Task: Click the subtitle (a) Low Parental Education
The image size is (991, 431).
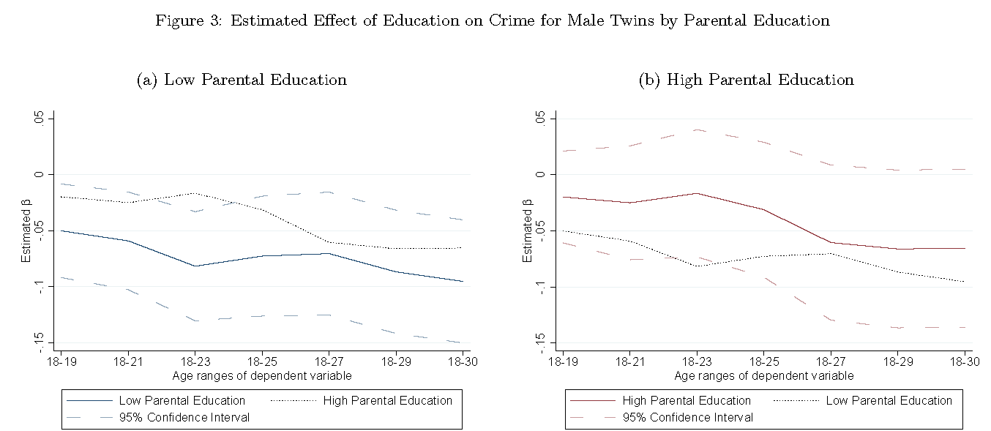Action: tap(242, 80)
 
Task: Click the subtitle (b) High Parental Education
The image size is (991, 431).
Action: tap(747, 80)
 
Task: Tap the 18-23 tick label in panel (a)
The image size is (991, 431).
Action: tap(195, 362)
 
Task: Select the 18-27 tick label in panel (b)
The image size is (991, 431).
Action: tap(831, 362)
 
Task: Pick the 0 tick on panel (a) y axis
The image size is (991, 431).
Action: tap(42, 175)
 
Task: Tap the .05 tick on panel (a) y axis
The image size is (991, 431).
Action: tap(41, 119)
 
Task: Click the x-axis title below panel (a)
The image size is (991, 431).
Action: tap(262, 376)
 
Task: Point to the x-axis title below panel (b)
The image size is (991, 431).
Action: tap(763, 376)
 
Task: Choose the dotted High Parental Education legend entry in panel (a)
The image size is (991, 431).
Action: tap(387, 400)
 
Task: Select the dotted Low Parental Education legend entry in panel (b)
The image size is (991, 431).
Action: tap(889, 400)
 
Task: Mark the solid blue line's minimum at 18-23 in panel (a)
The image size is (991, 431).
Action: tap(195, 266)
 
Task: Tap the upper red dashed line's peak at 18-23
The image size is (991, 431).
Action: tap(697, 130)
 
